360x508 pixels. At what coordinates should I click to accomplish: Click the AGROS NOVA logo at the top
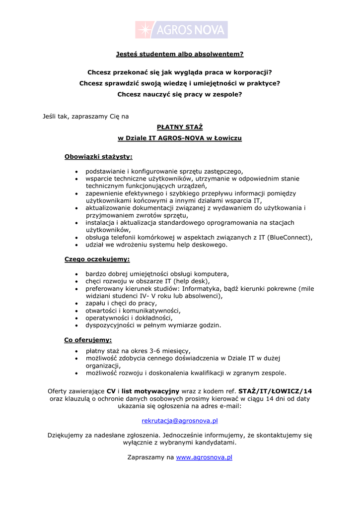click(181, 30)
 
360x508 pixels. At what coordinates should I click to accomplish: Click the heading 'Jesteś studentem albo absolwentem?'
click(180, 54)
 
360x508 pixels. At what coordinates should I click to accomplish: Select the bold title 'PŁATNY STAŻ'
click(180, 127)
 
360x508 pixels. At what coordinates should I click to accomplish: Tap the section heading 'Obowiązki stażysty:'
click(98, 157)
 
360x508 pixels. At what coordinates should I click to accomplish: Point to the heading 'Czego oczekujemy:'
click(97, 259)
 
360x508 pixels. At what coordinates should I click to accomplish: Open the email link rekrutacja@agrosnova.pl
click(180, 421)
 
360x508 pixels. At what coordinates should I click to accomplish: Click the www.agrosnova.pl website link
click(204, 457)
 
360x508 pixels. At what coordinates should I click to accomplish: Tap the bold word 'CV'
click(111, 391)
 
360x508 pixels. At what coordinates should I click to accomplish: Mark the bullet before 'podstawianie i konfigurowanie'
click(76, 171)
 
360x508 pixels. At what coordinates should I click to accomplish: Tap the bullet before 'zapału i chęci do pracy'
click(76, 303)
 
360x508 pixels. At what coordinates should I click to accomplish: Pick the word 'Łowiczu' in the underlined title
click(227, 138)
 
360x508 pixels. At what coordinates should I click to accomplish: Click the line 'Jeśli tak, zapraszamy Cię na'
click(86, 116)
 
